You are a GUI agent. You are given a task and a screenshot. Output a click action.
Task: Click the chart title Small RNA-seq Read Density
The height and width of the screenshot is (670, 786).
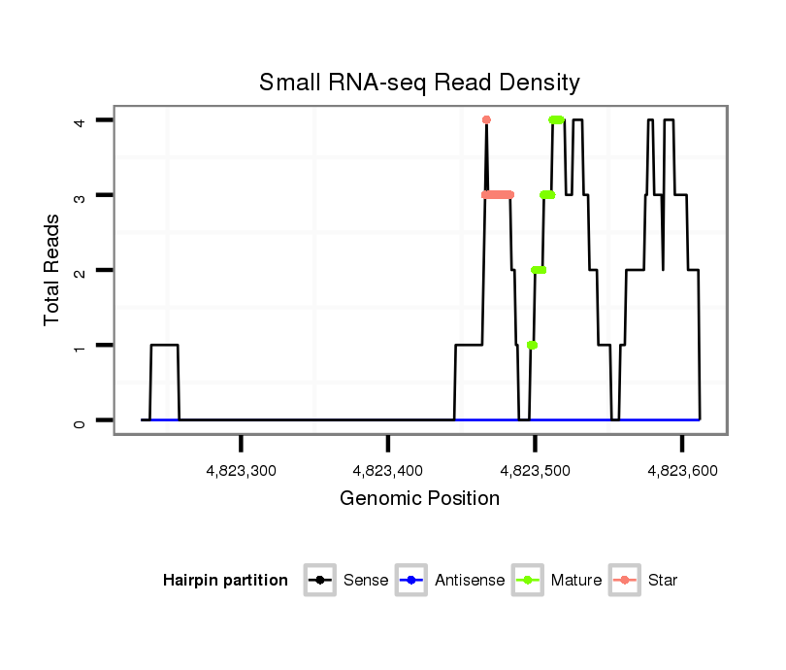tap(419, 83)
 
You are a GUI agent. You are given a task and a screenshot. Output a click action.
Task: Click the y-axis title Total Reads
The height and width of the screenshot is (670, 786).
tap(52, 270)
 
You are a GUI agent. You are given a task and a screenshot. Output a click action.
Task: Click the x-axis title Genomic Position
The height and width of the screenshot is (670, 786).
tap(419, 499)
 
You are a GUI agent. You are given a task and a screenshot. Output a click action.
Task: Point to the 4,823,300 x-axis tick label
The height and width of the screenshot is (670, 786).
tap(242, 470)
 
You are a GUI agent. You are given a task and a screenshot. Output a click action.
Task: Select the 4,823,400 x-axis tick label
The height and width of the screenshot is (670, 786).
tap(388, 470)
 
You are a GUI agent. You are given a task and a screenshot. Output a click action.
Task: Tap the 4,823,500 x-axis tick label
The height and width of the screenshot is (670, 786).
tap(535, 470)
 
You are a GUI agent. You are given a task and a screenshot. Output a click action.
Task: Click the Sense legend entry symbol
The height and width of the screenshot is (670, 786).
tap(319, 581)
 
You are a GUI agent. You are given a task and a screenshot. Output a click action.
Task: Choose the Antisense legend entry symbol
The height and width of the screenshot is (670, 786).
tap(410, 581)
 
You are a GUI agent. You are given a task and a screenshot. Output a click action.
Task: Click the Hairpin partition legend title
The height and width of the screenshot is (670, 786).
tap(225, 581)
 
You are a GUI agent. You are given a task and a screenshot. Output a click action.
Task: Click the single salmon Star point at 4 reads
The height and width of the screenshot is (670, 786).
tap(486, 119)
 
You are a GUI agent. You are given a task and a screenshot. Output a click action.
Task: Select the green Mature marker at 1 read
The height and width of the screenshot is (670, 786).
tap(532, 345)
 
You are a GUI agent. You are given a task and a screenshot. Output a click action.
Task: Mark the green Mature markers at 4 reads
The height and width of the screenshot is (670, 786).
tap(556, 119)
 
